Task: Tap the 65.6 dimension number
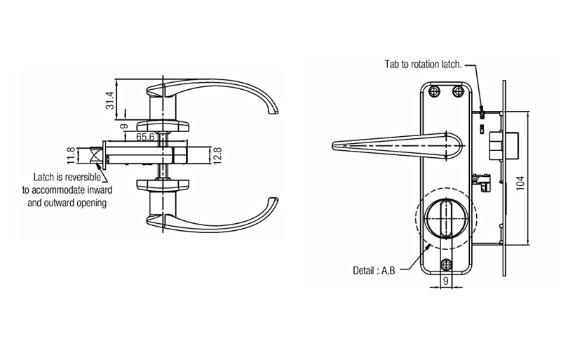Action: point(145,138)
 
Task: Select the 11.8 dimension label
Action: point(71,154)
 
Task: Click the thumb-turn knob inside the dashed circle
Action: point(444,218)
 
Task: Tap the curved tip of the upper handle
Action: point(274,111)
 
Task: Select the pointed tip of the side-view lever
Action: point(332,145)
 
